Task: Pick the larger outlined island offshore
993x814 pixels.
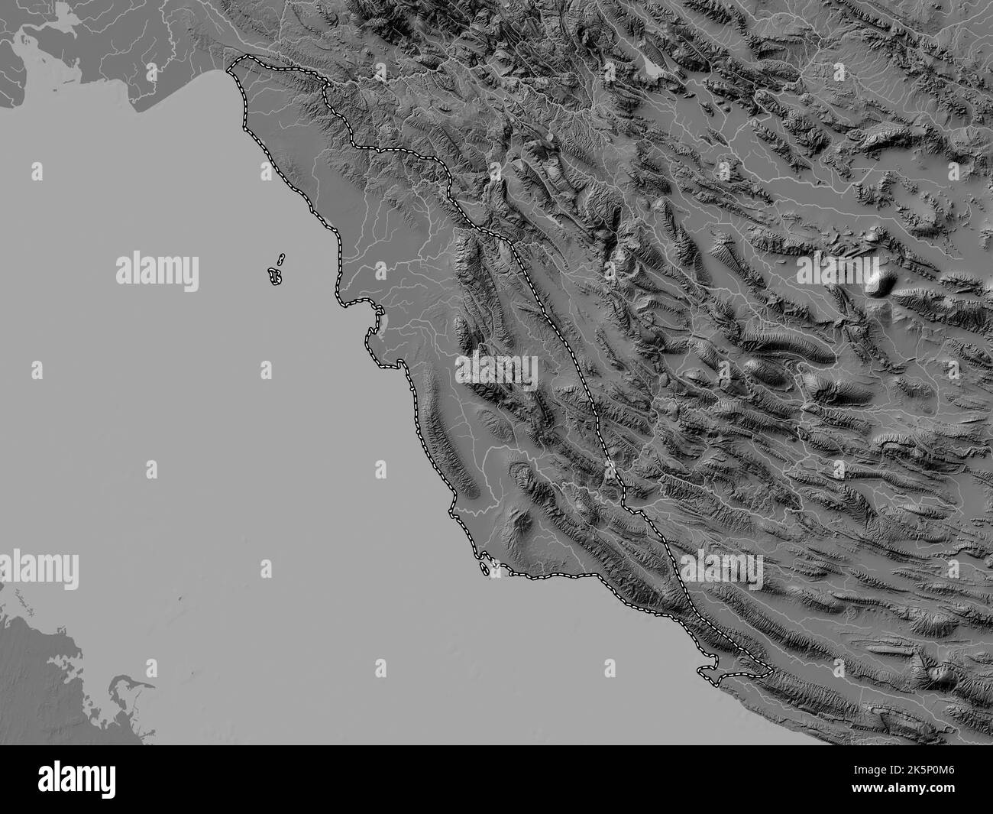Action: click(x=275, y=277)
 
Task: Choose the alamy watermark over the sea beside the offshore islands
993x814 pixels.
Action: click(x=157, y=270)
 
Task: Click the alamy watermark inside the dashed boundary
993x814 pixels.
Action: click(x=497, y=371)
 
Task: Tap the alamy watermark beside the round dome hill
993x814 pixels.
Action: click(x=837, y=270)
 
